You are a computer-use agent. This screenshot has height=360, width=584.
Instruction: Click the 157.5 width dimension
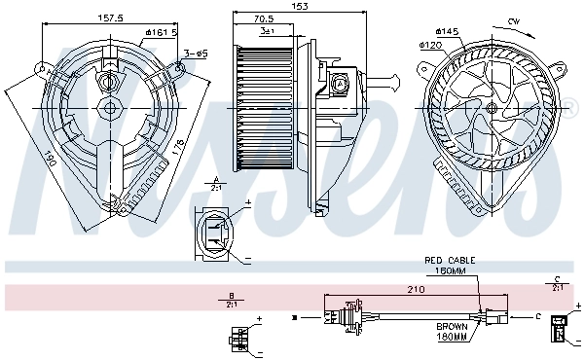pyautogui.click(x=110, y=17)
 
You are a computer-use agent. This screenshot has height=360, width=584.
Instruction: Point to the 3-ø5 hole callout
pyautogui.click(x=194, y=53)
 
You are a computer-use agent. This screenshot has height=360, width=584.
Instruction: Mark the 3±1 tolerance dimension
pyautogui.click(x=267, y=31)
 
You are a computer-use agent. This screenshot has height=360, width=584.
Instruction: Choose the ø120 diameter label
pyautogui.click(x=432, y=45)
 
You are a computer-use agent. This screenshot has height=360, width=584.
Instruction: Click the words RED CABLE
pyautogui.click(x=447, y=261)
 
